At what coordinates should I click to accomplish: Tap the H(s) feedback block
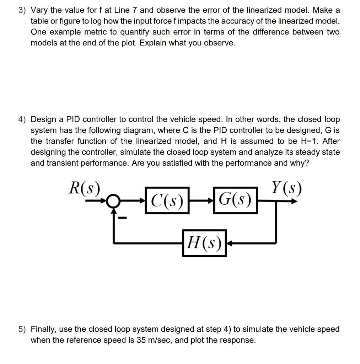(x=204, y=243)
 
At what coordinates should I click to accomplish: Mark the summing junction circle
(x=113, y=201)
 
